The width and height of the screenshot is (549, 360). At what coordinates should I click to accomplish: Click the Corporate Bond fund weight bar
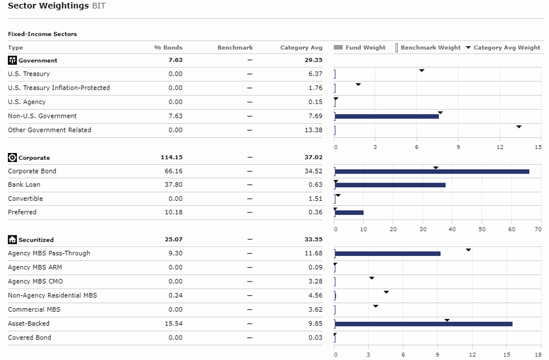click(432, 171)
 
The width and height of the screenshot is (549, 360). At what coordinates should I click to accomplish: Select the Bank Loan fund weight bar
click(390, 185)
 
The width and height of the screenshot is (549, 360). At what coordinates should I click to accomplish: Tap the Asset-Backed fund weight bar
click(423, 324)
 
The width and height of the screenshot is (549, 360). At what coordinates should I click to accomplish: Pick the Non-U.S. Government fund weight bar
click(387, 117)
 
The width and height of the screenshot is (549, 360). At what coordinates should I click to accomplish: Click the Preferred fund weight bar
click(349, 213)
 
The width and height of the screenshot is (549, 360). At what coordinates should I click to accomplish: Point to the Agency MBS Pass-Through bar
click(388, 254)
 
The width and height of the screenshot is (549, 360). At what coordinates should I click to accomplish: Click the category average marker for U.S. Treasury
click(422, 71)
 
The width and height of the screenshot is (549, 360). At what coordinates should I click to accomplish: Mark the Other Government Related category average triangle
click(519, 127)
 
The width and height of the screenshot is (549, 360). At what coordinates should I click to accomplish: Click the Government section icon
click(13, 60)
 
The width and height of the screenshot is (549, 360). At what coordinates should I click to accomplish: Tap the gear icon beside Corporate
click(13, 158)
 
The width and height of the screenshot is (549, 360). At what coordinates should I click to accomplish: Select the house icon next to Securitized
click(13, 240)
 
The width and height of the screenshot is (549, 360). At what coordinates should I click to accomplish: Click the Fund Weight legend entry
click(360, 48)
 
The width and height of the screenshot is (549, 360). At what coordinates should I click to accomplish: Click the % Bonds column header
click(168, 48)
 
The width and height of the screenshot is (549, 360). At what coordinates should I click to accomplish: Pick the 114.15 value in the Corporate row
click(172, 158)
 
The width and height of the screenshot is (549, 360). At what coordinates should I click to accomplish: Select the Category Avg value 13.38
click(313, 130)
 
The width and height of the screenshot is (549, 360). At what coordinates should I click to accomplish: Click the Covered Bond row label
click(30, 338)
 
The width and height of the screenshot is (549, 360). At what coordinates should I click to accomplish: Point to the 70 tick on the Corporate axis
click(538, 229)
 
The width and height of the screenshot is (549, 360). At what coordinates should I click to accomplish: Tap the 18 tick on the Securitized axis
click(538, 355)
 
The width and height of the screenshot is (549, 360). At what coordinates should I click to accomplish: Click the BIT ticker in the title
click(99, 6)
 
